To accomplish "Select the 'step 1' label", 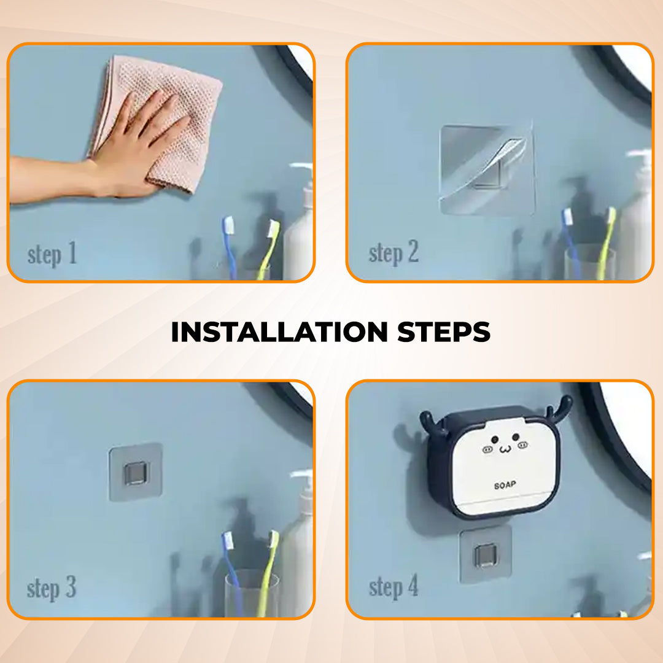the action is [52, 255].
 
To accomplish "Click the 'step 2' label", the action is [394, 253].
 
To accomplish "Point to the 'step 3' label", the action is [52, 588].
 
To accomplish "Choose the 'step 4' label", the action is [394, 587].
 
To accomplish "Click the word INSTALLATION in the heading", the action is [279, 332].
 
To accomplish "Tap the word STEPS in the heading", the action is [444, 332].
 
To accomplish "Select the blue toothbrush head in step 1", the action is [228, 225].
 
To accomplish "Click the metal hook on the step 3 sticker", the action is [136, 473].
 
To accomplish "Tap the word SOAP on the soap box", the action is [505, 485].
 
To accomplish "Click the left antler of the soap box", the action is [432, 424].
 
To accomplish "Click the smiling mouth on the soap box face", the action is [505, 449].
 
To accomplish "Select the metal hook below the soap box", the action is [486, 555].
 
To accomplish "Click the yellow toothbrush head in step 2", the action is [611, 216].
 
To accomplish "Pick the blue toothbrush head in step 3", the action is [228, 541].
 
